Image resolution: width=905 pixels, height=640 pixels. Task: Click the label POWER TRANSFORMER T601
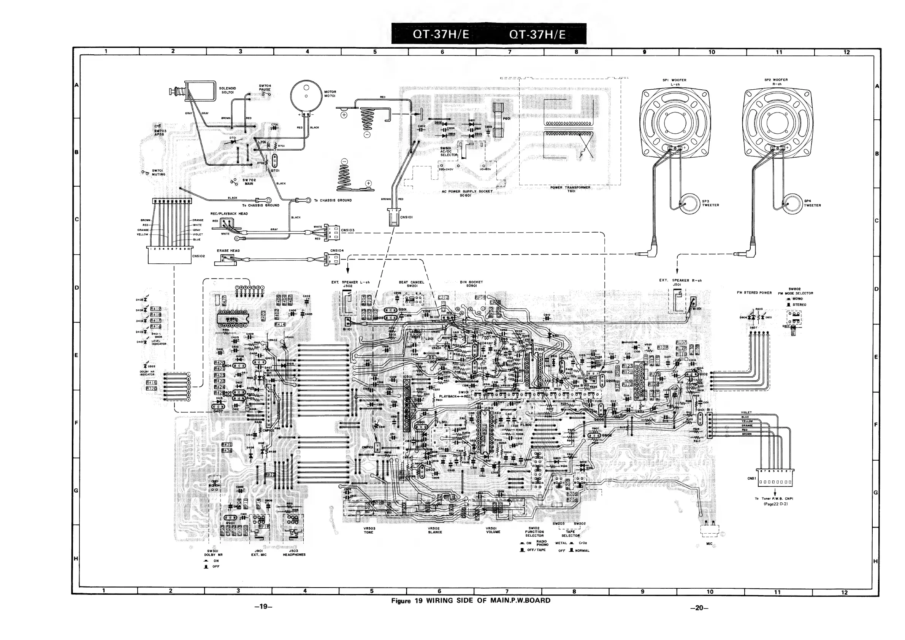tap(571, 189)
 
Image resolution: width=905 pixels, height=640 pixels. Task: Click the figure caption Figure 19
tap(471, 600)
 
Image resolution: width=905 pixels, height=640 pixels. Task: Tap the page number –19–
tap(263, 607)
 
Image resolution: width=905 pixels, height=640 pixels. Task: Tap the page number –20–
tap(699, 608)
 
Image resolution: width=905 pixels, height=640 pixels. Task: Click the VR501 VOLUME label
tap(493, 530)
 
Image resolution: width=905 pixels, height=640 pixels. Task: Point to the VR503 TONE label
tap(369, 530)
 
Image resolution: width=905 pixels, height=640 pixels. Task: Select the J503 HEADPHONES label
tap(294, 553)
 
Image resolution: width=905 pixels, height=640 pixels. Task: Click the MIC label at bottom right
tap(710, 544)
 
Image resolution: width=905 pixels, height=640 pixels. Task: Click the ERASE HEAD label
tap(228, 250)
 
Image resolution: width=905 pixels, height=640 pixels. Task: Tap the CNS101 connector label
tap(406, 217)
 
